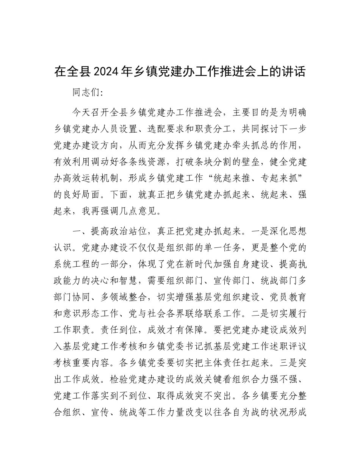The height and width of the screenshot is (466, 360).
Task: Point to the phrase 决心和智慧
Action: (x=122, y=282)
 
